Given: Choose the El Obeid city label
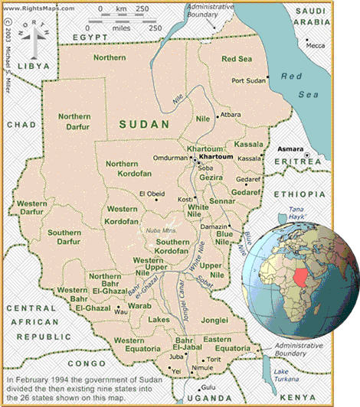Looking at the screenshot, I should [151, 194].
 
